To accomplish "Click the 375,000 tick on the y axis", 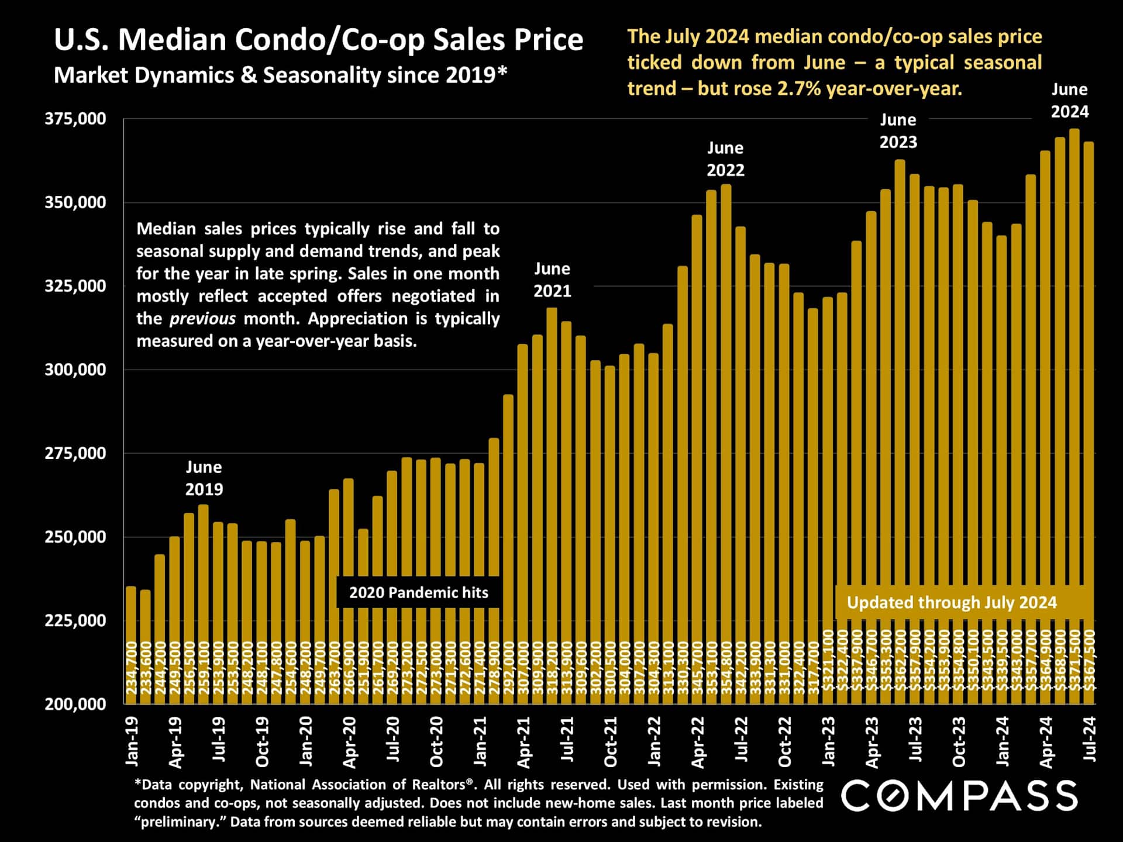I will (75, 119).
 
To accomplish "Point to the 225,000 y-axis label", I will (75, 620).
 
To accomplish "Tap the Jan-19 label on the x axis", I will (132, 741).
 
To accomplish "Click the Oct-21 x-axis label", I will (610, 741).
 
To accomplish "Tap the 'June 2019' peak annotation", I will (204, 478).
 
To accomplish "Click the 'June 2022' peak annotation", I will (725, 159).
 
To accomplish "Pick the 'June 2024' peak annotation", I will (1069, 101).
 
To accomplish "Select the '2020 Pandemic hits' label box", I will (418, 592).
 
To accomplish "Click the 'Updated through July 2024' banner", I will (952, 602).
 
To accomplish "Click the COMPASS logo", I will (959, 796).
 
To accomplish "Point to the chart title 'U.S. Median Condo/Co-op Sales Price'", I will (318, 40).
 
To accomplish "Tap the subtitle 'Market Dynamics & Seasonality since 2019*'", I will (280, 75).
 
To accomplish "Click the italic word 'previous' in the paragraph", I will (202, 319).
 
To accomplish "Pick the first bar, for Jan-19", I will (131, 643).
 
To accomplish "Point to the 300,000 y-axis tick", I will (75, 370).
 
